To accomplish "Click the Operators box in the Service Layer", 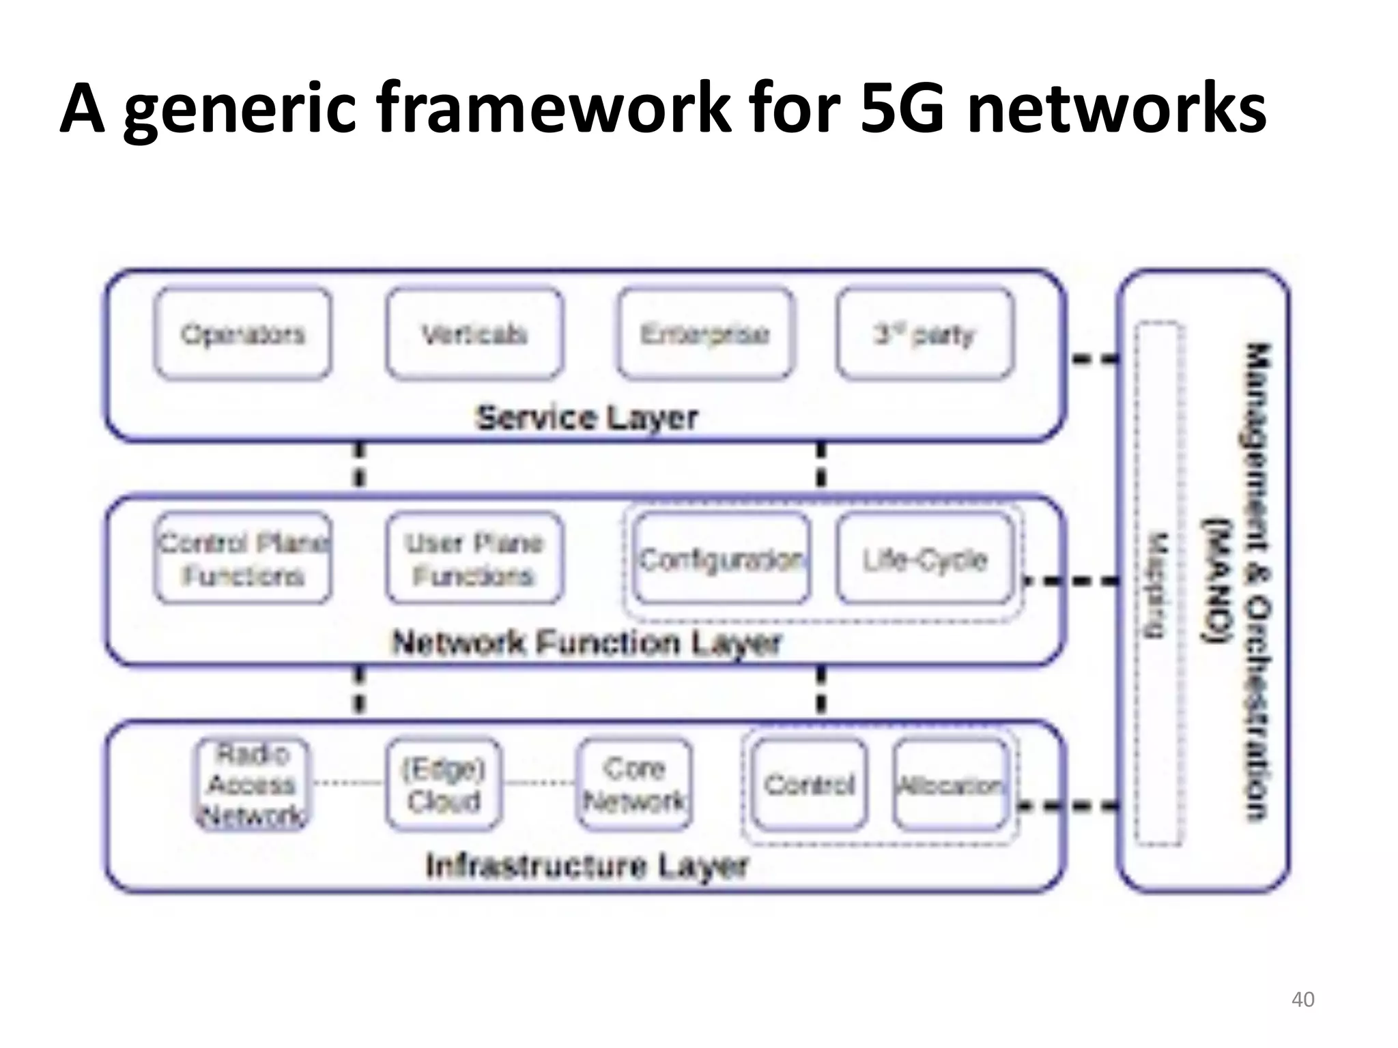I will coord(242,334).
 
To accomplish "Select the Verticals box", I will coord(474,334).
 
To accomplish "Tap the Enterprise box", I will coord(705,334).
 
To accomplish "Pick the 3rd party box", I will coord(925,334).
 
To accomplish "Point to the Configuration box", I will coord(722,559).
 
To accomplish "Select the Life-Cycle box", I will coord(925,559).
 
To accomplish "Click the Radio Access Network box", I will coord(252,785).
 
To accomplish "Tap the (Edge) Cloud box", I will coord(444,785).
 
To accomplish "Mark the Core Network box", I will coord(634,785).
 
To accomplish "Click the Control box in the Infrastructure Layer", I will coord(809,785).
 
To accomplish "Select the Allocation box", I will coord(950,785).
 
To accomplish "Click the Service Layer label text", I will coord(587,418).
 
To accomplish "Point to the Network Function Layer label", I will coord(587,643).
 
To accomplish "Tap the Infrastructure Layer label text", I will coord(587,867).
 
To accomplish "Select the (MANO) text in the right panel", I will coord(1218,580).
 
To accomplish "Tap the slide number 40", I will coord(1302,1000).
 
